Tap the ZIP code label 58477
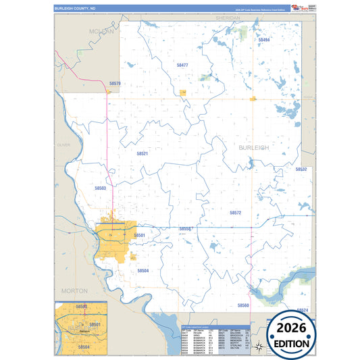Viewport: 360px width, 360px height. tap(182, 65)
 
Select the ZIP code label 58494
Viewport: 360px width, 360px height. tap(264, 40)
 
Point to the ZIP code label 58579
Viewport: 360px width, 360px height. tap(115, 84)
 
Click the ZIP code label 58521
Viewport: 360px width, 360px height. tap(142, 153)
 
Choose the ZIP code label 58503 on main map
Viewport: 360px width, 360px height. tap(101, 188)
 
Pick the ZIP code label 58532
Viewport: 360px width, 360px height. tap(301, 170)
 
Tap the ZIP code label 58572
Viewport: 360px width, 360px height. tap(235, 212)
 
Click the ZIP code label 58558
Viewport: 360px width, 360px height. tap(185, 229)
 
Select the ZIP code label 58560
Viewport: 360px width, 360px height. tap(243, 305)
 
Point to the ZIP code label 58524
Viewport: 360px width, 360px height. tap(302, 310)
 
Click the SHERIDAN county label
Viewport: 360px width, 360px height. tap(228, 17)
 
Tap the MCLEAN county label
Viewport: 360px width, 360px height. tap(101, 32)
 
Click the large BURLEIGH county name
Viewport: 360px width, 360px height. tap(253, 147)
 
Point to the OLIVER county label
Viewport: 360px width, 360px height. tap(63, 145)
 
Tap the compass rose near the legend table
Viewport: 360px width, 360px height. tap(257, 346)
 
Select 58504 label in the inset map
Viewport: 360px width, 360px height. tap(84, 346)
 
